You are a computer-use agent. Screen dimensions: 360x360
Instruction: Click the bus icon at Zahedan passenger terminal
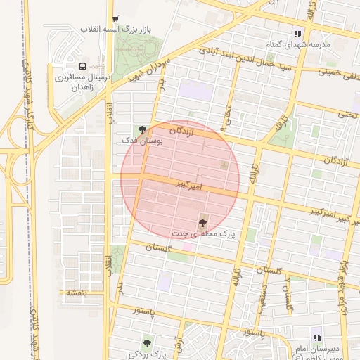(x=84, y=64)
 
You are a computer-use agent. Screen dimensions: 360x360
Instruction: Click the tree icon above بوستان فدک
(x=143, y=129)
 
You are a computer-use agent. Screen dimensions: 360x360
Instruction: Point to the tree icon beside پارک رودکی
(x=146, y=343)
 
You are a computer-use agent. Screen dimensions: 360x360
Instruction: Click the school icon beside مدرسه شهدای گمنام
(x=297, y=33)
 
